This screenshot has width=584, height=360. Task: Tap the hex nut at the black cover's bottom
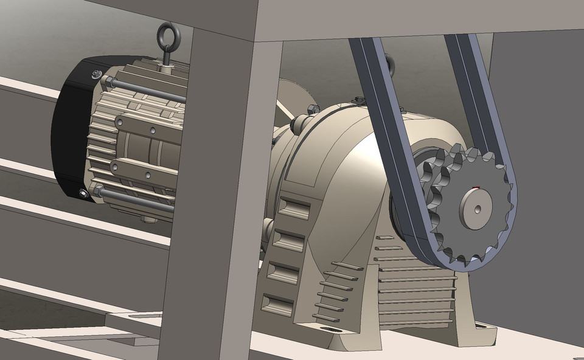click(83, 193)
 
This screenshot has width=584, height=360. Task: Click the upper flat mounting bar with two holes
click(146, 128)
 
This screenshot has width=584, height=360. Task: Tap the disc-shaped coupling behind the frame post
click(298, 97)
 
